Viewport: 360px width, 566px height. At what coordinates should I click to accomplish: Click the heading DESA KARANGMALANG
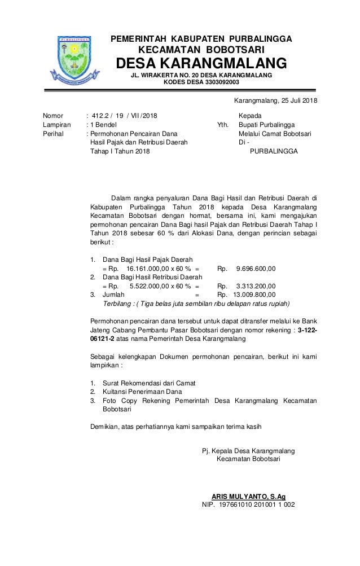201,62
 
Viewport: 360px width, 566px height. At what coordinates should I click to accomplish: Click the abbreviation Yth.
223,125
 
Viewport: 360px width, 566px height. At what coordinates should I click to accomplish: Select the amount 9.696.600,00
256,268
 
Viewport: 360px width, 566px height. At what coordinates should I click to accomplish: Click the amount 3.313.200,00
256,286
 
